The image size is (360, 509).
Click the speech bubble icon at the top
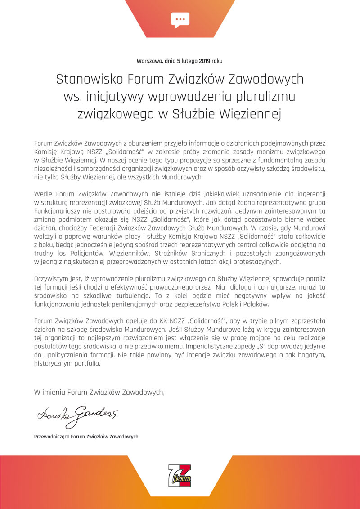click(180, 19)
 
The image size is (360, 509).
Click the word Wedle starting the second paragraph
click(43, 194)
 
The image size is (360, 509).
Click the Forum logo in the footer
click(180, 476)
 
